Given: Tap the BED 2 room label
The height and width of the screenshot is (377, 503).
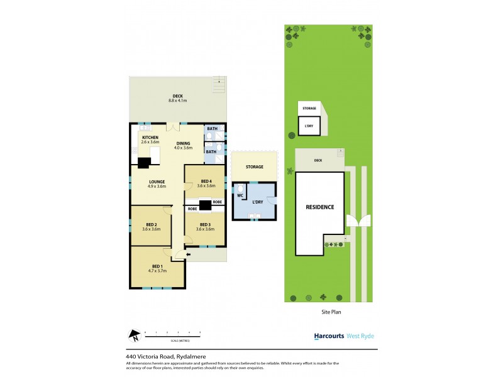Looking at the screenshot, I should pyautogui.click(x=151, y=224).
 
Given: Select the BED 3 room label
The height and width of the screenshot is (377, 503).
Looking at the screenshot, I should pyautogui.click(x=205, y=224).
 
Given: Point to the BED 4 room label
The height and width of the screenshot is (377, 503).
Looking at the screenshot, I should pyautogui.click(x=206, y=181).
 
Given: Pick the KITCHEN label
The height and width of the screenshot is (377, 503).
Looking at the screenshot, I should pyautogui.click(x=150, y=138).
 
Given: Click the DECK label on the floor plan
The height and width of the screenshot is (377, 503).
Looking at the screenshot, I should pyautogui.click(x=178, y=96).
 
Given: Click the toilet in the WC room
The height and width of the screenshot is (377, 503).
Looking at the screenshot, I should pyautogui.click(x=240, y=187).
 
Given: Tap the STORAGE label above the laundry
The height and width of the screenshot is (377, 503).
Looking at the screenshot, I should pyautogui.click(x=255, y=167).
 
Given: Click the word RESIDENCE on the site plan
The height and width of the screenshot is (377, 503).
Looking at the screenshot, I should pyautogui.click(x=320, y=207).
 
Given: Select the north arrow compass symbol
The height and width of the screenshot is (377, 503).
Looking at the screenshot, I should pyautogui.click(x=133, y=336).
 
